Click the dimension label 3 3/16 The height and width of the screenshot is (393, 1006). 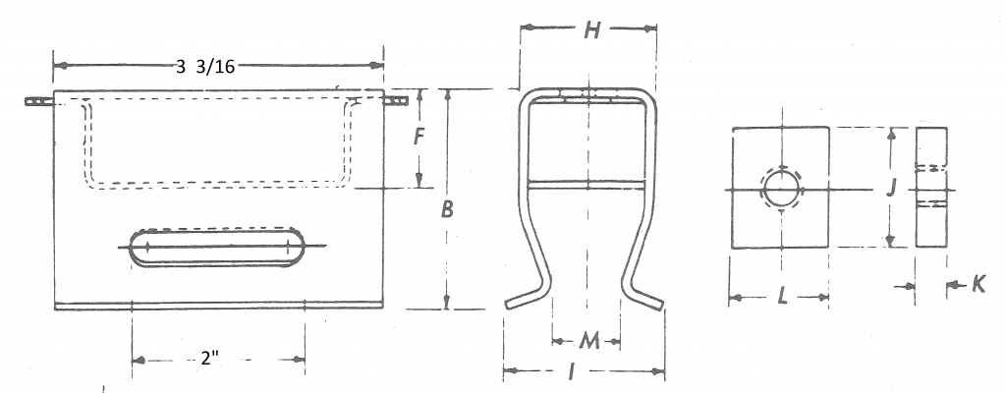point(206,67)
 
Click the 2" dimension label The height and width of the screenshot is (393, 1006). point(208,360)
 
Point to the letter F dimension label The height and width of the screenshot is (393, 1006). point(418,137)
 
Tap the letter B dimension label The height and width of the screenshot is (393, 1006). point(447,208)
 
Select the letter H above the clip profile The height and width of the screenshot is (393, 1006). point(590,30)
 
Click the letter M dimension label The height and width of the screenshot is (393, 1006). point(587,341)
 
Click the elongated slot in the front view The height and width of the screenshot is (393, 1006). point(217,247)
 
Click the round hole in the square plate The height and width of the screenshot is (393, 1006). point(780,188)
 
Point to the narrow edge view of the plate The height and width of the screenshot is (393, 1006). point(932,187)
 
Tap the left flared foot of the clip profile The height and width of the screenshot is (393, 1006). point(526,296)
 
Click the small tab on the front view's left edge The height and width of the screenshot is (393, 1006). point(37,101)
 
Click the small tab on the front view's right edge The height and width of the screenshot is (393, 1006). point(395,100)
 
